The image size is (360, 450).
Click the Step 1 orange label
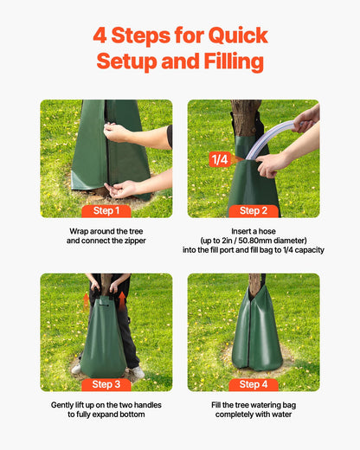coord(106,210)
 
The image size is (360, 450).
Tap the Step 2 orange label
coord(254,210)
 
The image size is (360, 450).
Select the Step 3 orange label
coord(106,384)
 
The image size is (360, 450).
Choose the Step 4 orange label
coord(254,384)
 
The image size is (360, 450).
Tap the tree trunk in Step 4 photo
coord(256,285)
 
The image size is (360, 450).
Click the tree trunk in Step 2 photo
coord(246,116)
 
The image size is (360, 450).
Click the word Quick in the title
coord(235,36)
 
